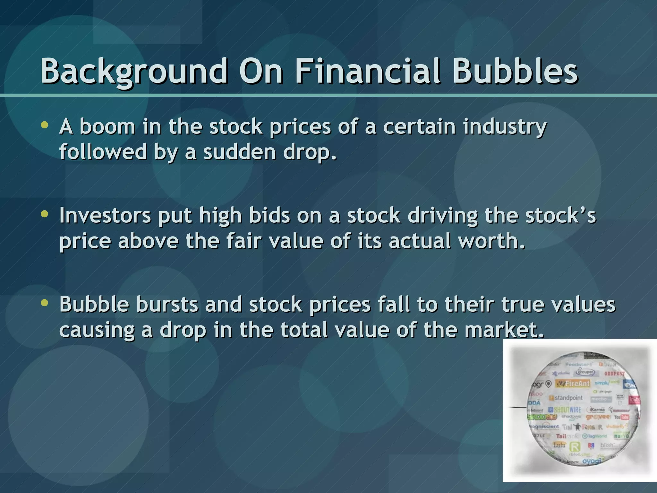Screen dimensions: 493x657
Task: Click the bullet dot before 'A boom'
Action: (45, 125)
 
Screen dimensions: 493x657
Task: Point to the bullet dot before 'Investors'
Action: (45, 214)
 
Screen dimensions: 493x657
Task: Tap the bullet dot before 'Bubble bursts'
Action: (45, 302)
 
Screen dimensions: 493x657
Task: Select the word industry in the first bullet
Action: (505, 127)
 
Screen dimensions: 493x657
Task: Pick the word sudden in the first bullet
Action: (239, 152)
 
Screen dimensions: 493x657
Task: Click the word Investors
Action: (105, 216)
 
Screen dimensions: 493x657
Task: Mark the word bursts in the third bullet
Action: (167, 304)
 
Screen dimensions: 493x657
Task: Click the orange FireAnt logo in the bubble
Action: (573, 383)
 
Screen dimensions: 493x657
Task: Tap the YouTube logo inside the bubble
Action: (621, 417)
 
